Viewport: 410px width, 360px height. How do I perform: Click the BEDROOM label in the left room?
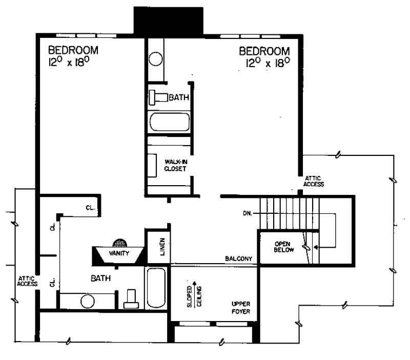coord(73,51)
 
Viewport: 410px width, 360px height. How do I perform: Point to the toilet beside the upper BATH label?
coord(159,97)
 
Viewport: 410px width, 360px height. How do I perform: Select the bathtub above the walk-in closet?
coord(169,122)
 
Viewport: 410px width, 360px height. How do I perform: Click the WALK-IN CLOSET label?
coord(175,165)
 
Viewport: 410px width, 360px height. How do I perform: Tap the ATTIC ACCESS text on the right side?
coord(314,181)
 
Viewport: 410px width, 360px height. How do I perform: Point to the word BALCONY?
coord(239,259)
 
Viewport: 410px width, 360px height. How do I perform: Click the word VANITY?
coord(119,253)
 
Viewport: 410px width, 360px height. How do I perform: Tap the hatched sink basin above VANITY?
coord(119,243)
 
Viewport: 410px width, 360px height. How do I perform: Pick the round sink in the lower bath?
coord(87,301)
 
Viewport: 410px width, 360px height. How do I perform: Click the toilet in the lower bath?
coord(131,299)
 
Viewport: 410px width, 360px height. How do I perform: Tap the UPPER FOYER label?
coord(240,307)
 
